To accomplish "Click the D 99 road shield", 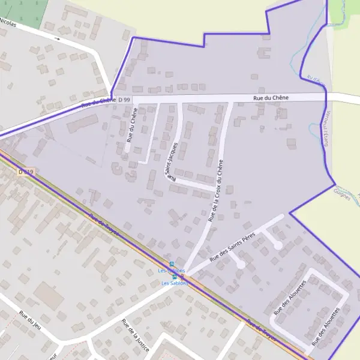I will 124,99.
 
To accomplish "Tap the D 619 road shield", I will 26,172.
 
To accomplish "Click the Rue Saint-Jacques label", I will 172,162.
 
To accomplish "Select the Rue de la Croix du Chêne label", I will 216,191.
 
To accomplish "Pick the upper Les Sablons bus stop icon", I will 172,264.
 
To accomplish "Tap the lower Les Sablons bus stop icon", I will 175,277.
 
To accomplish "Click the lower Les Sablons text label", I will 175,283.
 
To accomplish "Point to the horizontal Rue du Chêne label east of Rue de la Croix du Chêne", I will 271,97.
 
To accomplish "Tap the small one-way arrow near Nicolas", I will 57,38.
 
